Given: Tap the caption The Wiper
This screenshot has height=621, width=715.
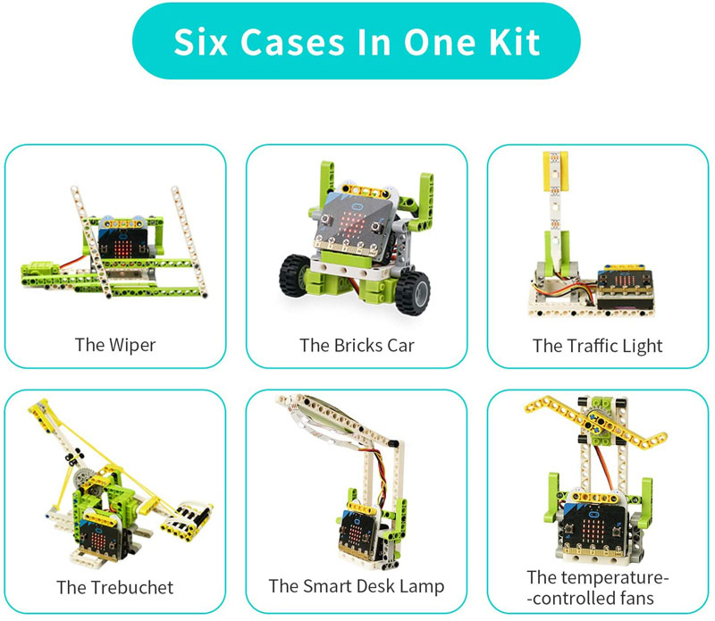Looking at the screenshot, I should (114, 344).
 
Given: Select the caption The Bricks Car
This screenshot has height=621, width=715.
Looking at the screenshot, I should (357, 344).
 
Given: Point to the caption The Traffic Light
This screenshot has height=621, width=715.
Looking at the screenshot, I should (598, 344).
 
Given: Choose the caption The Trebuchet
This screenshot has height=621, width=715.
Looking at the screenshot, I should (114, 587).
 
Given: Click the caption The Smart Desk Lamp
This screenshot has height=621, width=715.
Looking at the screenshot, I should (357, 587).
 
